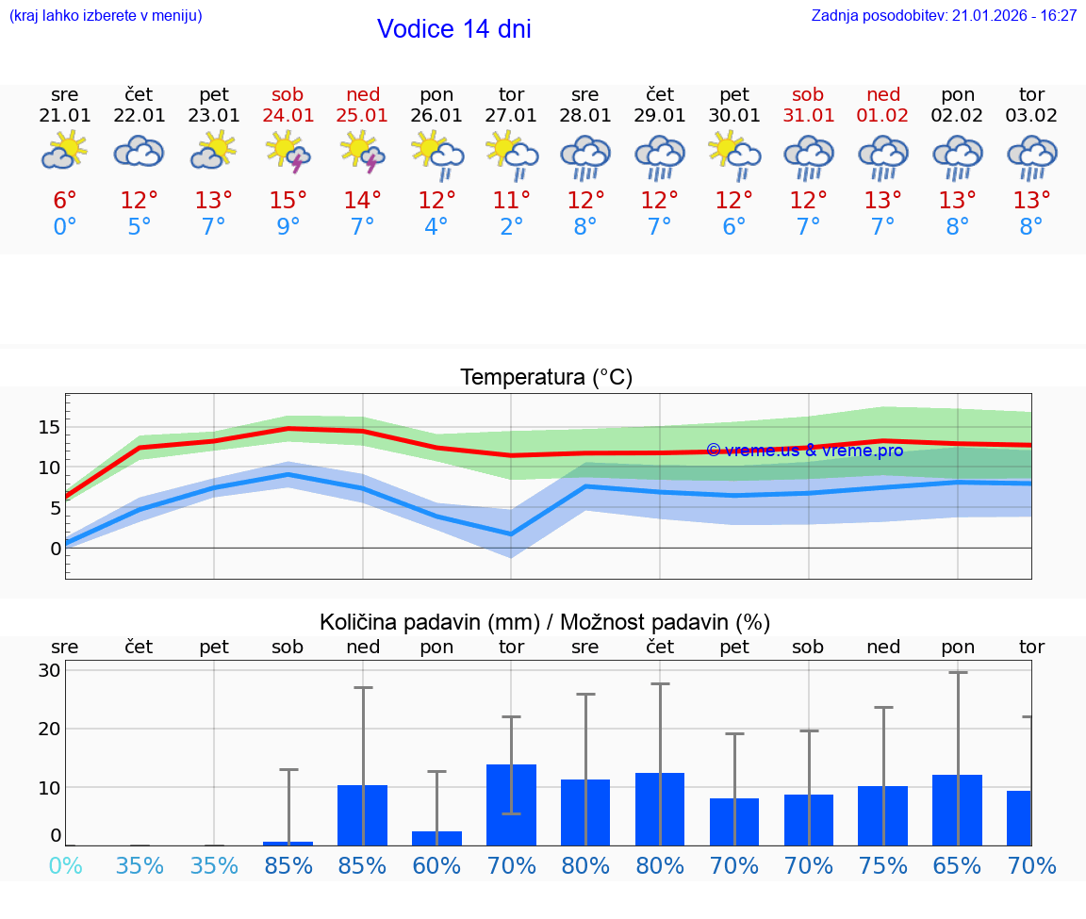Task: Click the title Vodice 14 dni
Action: pyautogui.click(x=453, y=29)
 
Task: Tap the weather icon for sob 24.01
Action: pyautogui.click(x=288, y=152)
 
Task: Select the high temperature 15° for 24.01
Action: pyautogui.click(x=288, y=201)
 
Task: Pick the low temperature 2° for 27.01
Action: pyautogui.click(x=511, y=227)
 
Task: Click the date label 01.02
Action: pyautogui.click(x=883, y=115)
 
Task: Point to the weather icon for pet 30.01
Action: pyautogui.click(x=734, y=152)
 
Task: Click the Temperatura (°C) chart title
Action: pyautogui.click(x=546, y=378)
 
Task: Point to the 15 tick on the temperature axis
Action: pyautogui.click(x=49, y=427)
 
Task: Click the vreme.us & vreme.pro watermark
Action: pyautogui.click(x=804, y=451)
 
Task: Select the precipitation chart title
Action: pyautogui.click(x=545, y=622)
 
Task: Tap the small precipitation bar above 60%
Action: pyautogui.click(x=436, y=838)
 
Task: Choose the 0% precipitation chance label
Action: pyautogui.click(x=65, y=865)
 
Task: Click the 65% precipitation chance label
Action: pyautogui.click(x=958, y=865)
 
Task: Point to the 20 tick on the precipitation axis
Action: pyautogui.click(x=49, y=729)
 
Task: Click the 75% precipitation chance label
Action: pyautogui.click(x=883, y=865)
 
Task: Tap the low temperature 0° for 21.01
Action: pyautogui.click(x=65, y=227)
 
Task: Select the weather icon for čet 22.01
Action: pyautogui.click(x=140, y=152)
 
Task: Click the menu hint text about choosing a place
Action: pyautogui.click(x=106, y=15)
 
